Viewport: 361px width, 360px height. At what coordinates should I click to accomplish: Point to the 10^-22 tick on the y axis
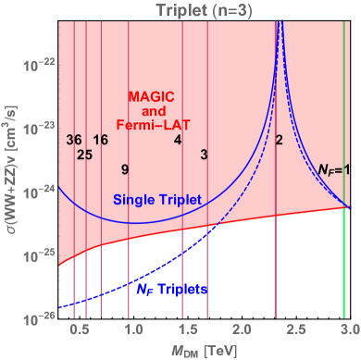(38, 65)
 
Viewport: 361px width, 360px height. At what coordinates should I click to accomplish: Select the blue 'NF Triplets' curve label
(171, 289)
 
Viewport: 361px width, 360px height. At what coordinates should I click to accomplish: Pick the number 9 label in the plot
(124, 169)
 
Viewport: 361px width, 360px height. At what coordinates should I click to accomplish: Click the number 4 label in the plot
(177, 140)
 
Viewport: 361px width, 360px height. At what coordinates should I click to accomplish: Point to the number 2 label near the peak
(279, 140)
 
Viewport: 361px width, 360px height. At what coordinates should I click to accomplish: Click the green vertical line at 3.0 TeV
(343, 231)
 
